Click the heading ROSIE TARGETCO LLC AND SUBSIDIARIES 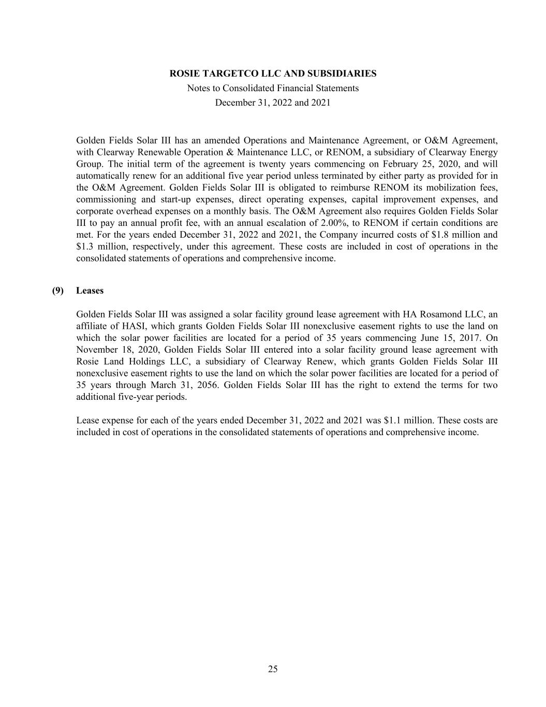pyautogui.click(x=273, y=74)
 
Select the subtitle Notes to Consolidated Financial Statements pyautogui.click(x=273, y=88)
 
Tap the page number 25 pyautogui.click(x=273, y=669)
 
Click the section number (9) pyautogui.click(x=57, y=291)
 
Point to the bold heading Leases pyautogui.click(x=90, y=291)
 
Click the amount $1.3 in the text pyautogui.click(x=84, y=247)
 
